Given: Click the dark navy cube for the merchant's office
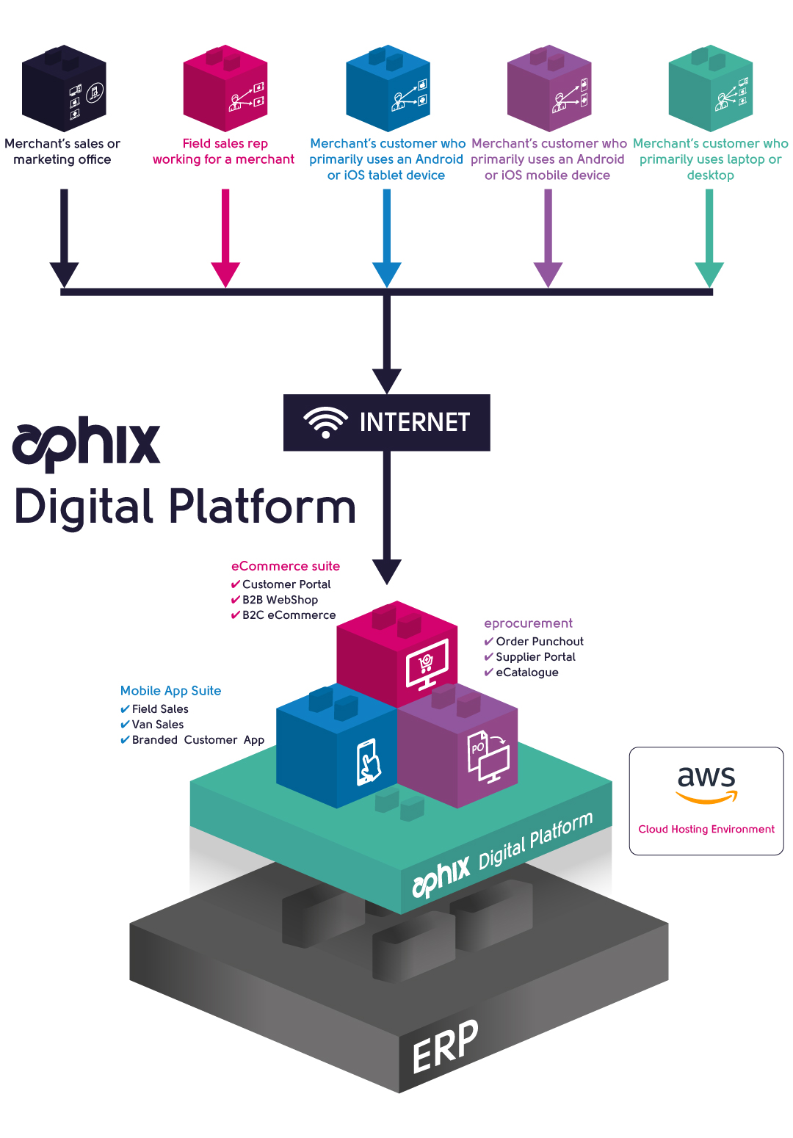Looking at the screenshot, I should (x=64, y=88).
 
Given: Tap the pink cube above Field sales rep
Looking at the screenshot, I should (x=225, y=88).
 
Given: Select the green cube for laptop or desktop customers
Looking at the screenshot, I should (x=710, y=88).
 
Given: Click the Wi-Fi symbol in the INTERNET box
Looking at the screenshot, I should (x=325, y=422).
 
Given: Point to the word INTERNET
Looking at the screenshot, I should (x=414, y=422).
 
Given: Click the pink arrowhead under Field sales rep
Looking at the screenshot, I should (x=225, y=274).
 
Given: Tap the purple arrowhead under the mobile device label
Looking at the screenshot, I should (x=548, y=274).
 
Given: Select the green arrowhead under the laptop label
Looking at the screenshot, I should (x=709, y=274).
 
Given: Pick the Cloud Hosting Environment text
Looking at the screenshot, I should (x=706, y=829).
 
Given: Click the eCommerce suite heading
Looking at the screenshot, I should (x=286, y=566).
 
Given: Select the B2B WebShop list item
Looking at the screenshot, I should (x=280, y=600).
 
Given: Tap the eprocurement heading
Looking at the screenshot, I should (x=528, y=623).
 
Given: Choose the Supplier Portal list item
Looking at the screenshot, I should (x=535, y=657).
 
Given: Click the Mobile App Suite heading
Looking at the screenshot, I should (x=170, y=691).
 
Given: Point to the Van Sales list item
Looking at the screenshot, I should (x=157, y=725).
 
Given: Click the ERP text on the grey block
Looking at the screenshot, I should (x=445, y=1046).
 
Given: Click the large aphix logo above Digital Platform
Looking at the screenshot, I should (x=87, y=443).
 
